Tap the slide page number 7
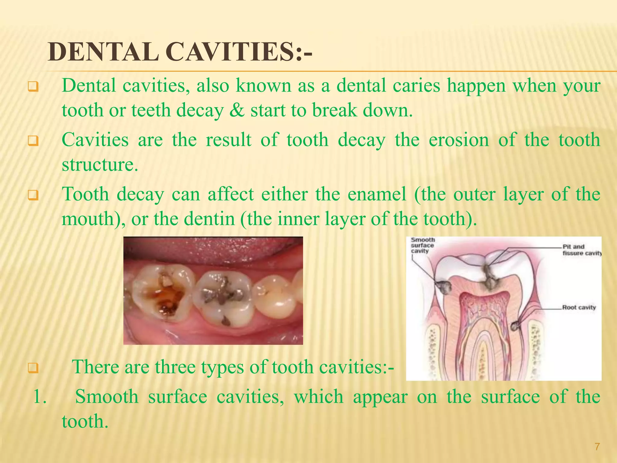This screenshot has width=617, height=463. tap(597, 446)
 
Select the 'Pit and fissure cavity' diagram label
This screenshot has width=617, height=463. tap(581, 250)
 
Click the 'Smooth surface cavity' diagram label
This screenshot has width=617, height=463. tap(422, 245)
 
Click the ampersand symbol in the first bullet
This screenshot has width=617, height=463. tap(237, 110)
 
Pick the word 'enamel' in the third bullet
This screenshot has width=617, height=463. tap(377, 194)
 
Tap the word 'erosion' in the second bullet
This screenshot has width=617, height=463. tap(459, 140)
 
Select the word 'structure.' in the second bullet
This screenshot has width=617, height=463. tap(100, 165)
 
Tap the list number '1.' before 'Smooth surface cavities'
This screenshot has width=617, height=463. tap(40, 397)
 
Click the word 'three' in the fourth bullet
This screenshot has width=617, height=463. tap(175, 367)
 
